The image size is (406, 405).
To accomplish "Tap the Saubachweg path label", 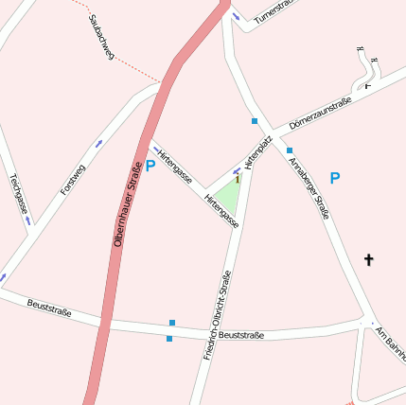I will [101, 38].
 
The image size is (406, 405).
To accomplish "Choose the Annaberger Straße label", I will [311, 188].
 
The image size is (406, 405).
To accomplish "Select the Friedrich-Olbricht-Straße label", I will [218, 314].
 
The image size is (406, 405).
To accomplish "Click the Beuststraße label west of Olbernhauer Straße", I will [50, 307].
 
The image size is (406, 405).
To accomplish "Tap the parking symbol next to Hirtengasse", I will [150, 167].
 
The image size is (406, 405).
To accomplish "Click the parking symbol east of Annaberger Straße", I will [334, 178].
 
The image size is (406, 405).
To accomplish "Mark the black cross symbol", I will [369, 258].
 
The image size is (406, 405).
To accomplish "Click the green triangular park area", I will [228, 196].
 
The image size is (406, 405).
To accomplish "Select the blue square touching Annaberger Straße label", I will [290, 150].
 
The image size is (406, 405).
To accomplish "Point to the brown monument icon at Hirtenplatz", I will [238, 178].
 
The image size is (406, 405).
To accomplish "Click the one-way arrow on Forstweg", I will [98, 144].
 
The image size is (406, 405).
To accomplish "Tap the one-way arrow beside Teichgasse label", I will [27, 220].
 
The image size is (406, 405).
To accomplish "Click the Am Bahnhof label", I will [391, 343].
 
